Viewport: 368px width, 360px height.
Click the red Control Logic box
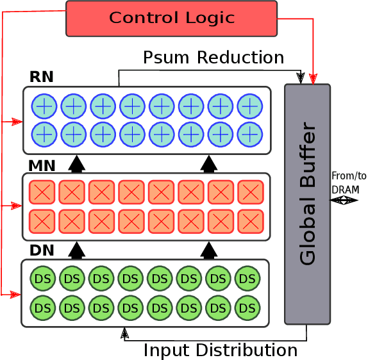[x=171, y=18]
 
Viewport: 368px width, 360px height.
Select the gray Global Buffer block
[x=307, y=204]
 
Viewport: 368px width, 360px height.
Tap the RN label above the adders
[x=41, y=78]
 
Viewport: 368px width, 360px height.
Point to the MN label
[x=42, y=165]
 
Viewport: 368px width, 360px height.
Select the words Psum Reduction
[x=213, y=58]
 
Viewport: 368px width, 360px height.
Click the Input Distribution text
[x=220, y=350]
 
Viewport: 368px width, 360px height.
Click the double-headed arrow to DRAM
[x=344, y=200]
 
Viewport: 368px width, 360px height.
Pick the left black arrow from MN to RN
[x=77, y=164]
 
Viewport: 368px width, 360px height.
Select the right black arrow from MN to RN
[x=208, y=164]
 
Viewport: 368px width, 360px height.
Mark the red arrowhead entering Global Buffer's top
[x=313, y=79]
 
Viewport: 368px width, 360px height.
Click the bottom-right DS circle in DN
[x=247, y=308]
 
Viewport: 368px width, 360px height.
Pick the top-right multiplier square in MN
[x=250, y=192]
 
